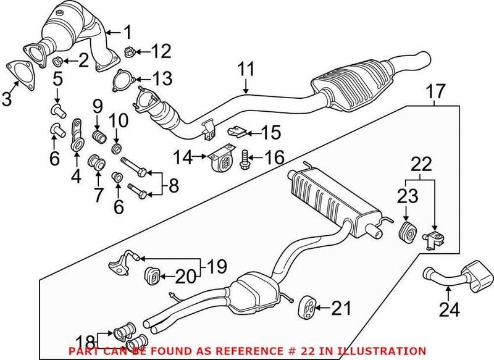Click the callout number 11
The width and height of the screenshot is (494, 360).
click(246, 69)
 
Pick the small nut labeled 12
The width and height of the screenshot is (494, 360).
click(130, 50)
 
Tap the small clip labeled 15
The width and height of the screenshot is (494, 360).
click(237, 131)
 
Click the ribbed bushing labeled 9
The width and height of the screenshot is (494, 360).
click(97, 135)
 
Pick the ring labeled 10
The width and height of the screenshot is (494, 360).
click(117, 149)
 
